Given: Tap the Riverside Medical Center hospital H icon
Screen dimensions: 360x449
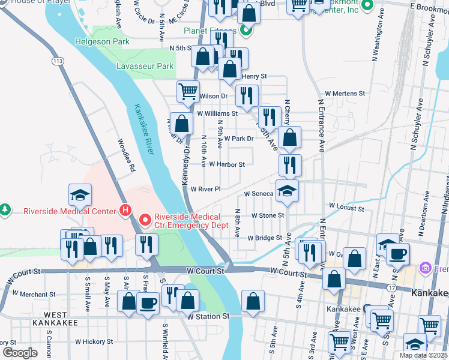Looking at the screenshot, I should click(x=125, y=211).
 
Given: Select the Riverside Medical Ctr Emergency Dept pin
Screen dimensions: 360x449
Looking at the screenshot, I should click(x=145, y=220).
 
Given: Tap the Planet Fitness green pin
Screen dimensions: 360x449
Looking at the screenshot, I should click(x=245, y=29).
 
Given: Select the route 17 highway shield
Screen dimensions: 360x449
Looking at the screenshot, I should click(x=391, y=289).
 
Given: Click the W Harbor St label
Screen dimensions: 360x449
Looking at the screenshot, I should click(x=226, y=164).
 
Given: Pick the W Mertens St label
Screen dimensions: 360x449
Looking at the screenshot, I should click(x=345, y=94).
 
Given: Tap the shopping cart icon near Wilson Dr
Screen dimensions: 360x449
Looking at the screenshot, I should click(x=188, y=91).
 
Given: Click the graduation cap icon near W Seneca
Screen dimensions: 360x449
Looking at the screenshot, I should click(x=287, y=191).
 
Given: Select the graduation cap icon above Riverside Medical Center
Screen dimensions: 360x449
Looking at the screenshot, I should click(x=80, y=194).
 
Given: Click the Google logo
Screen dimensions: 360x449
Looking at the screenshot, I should click(x=20, y=353).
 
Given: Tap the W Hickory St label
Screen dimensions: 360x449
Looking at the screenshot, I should click(x=94, y=341).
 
